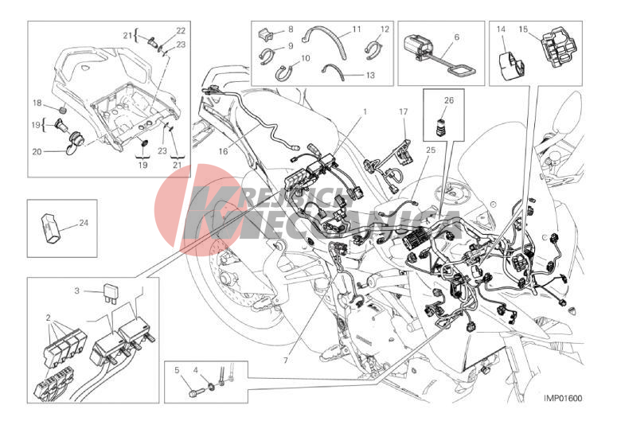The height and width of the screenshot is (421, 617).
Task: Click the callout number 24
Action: [x=84, y=223]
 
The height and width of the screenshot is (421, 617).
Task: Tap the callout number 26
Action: [x=449, y=100]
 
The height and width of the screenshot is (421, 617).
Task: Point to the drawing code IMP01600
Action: [x=563, y=398]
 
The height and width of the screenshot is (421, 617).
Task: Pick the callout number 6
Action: [x=456, y=37]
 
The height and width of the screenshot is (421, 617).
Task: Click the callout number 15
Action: [x=523, y=29]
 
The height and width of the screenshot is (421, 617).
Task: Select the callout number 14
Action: [x=501, y=29]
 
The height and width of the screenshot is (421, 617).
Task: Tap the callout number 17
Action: [x=404, y=111]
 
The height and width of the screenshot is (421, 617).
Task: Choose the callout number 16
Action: [x=223, y=151]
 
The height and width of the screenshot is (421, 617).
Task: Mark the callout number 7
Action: [x=286, y=360]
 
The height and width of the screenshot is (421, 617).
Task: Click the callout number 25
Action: [x=431, y=150]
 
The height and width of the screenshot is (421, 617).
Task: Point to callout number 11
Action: [x=357, y=29]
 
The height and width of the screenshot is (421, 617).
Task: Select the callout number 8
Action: [x=291, y=29]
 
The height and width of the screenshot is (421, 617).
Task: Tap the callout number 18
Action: [x=37, y=103]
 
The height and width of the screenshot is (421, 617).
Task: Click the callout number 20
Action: [x=37, y=151]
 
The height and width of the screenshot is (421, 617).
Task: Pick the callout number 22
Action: [x=181, y=30]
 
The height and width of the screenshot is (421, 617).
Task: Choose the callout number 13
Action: [x=370, y=75]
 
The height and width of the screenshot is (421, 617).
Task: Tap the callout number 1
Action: [x=365, y=111]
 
